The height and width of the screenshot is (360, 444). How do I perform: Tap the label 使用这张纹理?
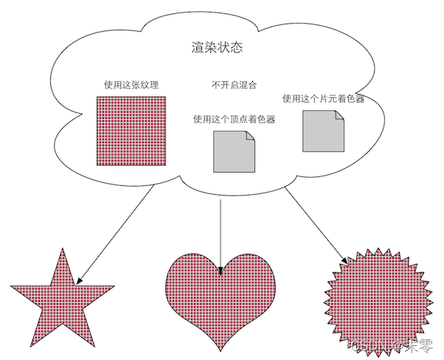point(131,85)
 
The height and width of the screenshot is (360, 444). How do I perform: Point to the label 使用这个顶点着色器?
point(234,119)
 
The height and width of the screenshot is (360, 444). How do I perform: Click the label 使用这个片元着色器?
point(323,98)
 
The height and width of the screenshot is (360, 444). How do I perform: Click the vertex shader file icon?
point(234,151)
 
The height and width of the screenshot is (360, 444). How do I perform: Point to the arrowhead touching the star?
point(79,280)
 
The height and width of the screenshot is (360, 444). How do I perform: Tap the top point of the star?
point(63,248)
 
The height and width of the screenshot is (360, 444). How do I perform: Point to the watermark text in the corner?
point(391,345)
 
